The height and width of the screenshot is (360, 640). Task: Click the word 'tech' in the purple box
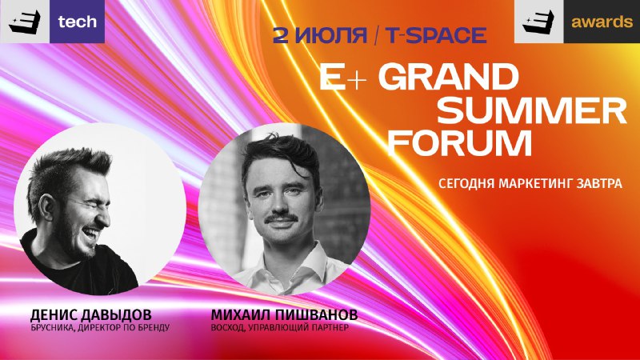pos(77,22)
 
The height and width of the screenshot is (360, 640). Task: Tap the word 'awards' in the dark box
pos(602,22)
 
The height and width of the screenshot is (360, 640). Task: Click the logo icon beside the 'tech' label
pos(25,22)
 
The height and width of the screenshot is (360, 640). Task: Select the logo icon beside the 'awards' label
pos(538,22)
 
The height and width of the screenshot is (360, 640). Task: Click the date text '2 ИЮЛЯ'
pos(320,35)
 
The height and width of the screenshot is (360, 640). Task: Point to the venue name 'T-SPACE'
pos(436,35)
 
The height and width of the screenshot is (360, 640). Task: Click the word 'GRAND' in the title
pos(448,77)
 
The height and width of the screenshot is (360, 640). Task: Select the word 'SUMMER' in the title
pos(532,110)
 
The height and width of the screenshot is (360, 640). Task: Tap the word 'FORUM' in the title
pos(460,143)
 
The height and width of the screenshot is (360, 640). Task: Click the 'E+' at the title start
pos(342,77)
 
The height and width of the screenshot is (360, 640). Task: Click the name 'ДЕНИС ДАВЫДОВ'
pos(90,315)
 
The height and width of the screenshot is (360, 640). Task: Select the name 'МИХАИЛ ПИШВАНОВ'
pos(284,315)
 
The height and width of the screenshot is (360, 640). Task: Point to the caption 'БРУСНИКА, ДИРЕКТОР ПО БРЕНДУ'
pos(100,328)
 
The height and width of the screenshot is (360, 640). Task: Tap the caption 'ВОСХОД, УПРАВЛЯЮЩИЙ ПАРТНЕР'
pos(279,328)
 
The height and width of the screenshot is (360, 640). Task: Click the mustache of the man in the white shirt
pos(281,219)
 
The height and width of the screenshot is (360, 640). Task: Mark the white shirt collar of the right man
pos(286,266)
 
